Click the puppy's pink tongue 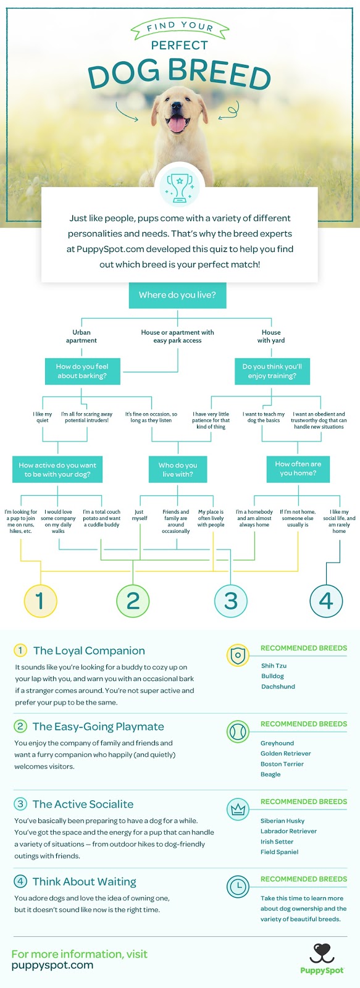tap(177, 124)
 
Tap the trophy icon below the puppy tap(180, 188)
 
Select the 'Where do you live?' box tap(177, 295)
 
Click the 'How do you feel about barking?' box tap(82, 371)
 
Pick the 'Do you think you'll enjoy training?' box tap(272, 371)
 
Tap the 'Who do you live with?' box tap(178, 469)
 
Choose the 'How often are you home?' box tap(298, 469)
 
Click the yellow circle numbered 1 tap(40, 601)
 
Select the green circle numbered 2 tap(133, 601)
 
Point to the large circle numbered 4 tap(326, 601)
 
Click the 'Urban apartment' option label tap(81, 337)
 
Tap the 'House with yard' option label tap(271, 337)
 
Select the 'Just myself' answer tap(140, 515)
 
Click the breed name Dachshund tap(278, 686)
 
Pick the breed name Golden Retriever tap(285, 753)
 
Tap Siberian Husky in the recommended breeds tap(282, 821)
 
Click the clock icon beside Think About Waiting tap(238, 887)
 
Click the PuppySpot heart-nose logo tap(322, 953)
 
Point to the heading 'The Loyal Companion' tap(89, 651)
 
